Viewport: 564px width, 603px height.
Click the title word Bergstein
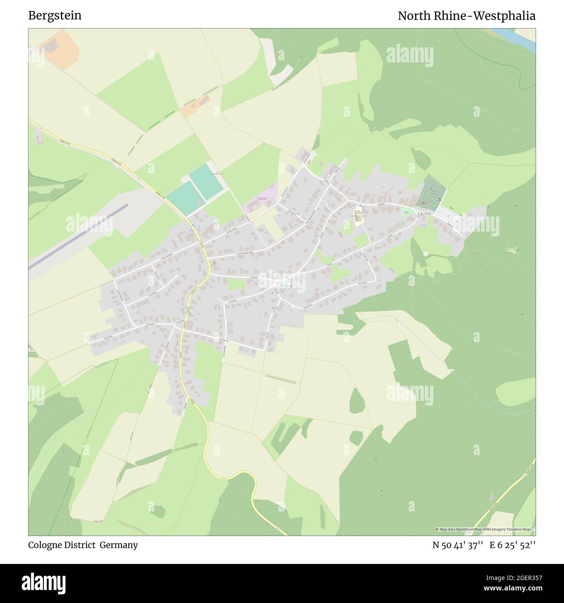pyautogui.click(x=55, y=16)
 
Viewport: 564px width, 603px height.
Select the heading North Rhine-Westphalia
pyautogui.click(x=466, y=16)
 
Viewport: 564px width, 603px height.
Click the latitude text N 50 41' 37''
pyautogui.click(x=458, y=545)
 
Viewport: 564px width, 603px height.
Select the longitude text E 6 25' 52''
pyautogui.click(x=512, y=545)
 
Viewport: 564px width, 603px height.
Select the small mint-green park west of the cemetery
pyautogui.click(x=407, y=211)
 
